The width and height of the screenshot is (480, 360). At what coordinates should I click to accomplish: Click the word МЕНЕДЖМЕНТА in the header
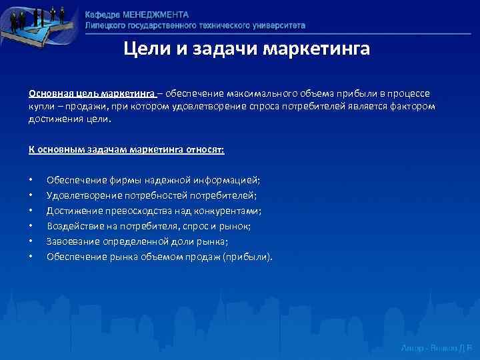154,15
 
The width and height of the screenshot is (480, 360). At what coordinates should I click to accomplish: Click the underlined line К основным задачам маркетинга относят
126,150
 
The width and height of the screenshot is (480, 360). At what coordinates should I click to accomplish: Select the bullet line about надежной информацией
153,180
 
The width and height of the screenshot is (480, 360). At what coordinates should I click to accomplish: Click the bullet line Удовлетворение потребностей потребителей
151,195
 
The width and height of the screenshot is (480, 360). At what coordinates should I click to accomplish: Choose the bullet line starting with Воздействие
149,226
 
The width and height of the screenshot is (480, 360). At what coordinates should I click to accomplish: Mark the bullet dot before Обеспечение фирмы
31,181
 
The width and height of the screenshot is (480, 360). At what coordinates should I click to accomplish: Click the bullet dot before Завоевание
31,242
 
